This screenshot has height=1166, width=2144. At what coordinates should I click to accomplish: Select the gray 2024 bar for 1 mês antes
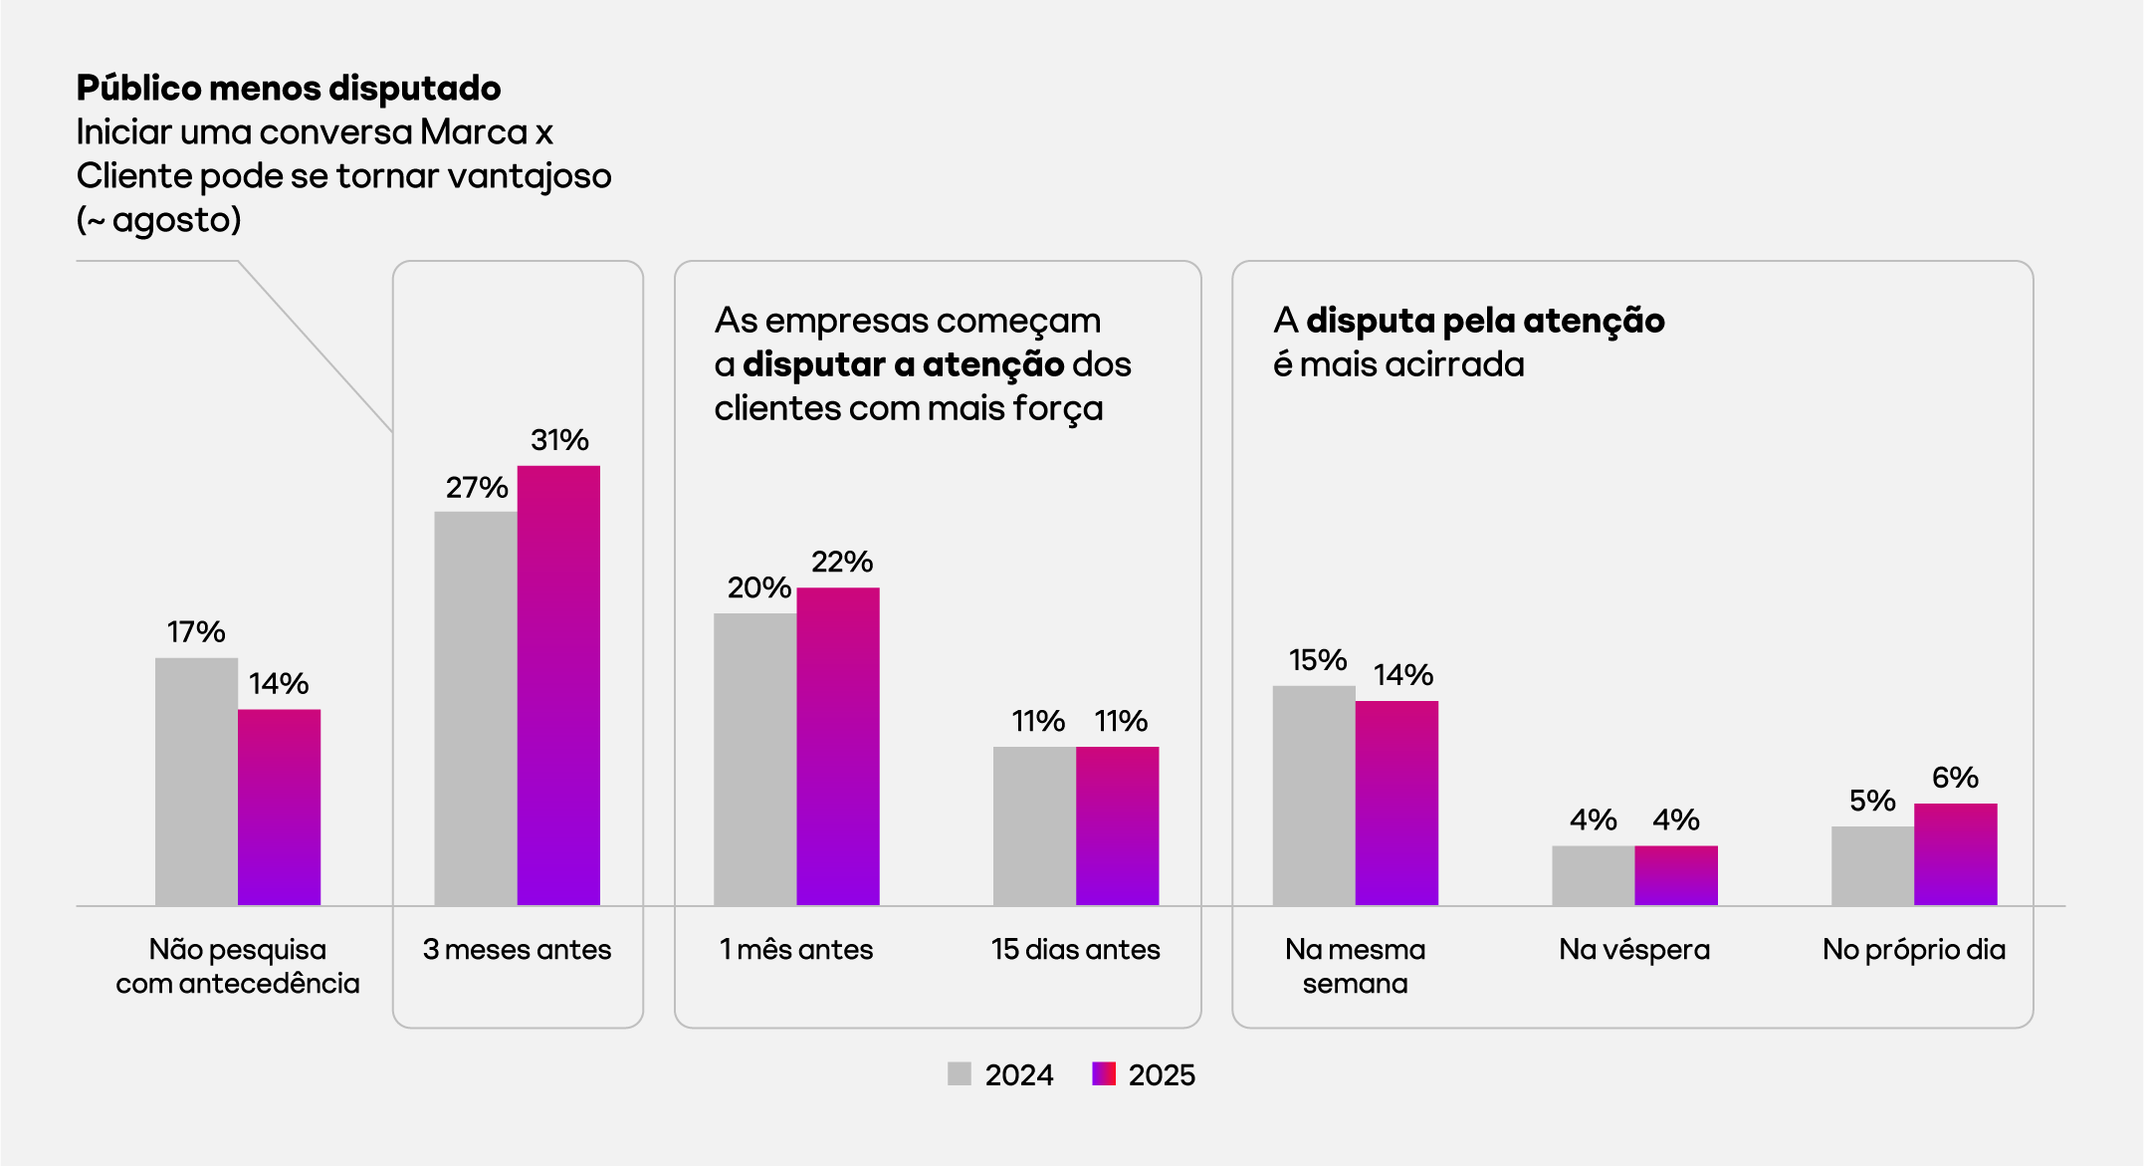pyautogui.click(x=754, y=759)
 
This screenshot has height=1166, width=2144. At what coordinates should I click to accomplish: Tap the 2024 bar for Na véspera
pyautogui.click(x=1593, y=875)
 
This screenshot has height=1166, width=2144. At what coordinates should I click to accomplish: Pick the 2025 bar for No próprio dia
pyautogui.click(x=1955, y=854)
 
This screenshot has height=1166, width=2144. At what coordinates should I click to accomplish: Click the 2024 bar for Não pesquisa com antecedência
pyautogui.click(x=196, y=781)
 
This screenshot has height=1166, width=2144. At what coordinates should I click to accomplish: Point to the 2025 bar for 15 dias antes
pyautogui.click(x=1117, y=825)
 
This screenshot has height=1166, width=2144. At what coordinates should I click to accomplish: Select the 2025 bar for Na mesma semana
pyautogui.click(x=1396, y=803)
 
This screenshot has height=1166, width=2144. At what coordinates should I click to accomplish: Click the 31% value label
pyautogui.click(x=559, y=440)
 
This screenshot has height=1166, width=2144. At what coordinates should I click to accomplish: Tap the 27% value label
pyautogui.click(x=477, y=488)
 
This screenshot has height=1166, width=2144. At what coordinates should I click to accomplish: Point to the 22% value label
pyautogui.click(x=841, y=563)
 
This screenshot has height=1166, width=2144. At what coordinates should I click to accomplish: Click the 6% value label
pyautogui.click(x=1955, y=778)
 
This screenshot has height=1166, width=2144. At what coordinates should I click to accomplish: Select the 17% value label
pyautogui.click(x=196, y=632)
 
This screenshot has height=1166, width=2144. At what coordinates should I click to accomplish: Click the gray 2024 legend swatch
pyautogui.click(x=959, y=1073)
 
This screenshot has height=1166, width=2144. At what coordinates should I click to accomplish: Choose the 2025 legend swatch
pyautogui.click(x=1104, y=1073)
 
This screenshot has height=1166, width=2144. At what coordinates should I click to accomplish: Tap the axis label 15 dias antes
pyautogui.click(x=1075, y=950)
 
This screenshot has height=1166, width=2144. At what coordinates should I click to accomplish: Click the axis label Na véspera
pyautogui.click(x=1634, y=950)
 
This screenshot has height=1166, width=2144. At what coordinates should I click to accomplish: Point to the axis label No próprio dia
pyautogui.click(x=1913, y=950)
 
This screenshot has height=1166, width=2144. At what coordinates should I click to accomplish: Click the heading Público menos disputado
pyautogui.click(x=289, y=89)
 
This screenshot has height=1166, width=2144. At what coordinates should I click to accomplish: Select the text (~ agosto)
pyautogui.click(x=159, y=220)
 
